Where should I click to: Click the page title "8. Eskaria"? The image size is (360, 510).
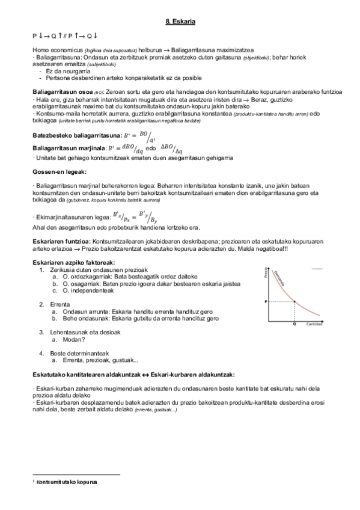[x=180, y=22]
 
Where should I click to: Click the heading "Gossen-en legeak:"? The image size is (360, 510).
[x=59, y=171]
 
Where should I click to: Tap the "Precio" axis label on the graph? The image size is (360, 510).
[x=264, y=275]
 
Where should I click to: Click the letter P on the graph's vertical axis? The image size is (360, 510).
[x=265, y=300]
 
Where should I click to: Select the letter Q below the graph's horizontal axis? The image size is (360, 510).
[x=294, y=324]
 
